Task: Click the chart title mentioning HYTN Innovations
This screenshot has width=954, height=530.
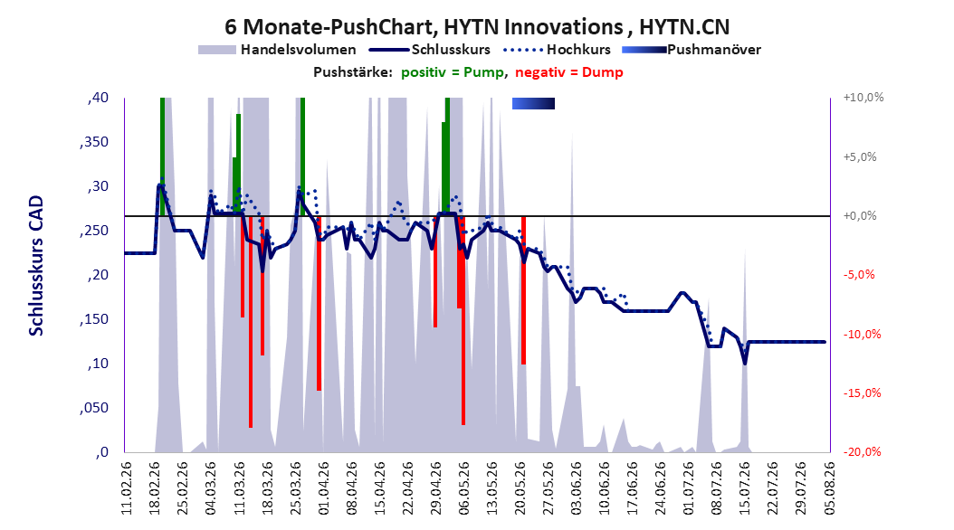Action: click(x=477, y=27)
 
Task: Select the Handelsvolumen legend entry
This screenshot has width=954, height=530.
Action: click(x=277, y=50)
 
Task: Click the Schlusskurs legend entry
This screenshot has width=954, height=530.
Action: click(x=430, y=50)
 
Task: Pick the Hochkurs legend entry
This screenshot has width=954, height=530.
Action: click(x=558, y=50)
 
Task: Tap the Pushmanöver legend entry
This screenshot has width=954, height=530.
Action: click(x=692, y=50)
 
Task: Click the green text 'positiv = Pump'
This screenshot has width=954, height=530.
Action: click(x=453, y=72)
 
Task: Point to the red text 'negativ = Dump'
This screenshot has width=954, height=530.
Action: click(x=569, y=72)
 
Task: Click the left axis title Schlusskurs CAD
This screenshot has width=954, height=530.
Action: click(x=36, y=266)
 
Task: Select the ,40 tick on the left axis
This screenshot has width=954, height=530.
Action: click(x=98, y=98)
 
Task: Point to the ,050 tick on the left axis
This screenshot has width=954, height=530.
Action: click(x=94, y=408)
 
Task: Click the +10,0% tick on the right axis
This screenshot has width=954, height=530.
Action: click(x=863, y=98)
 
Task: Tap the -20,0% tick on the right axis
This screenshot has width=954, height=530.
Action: click(x=862, y=451)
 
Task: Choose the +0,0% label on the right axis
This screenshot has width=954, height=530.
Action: click(x=860, y=216)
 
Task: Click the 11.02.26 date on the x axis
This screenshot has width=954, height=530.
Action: click(x=126, y=488)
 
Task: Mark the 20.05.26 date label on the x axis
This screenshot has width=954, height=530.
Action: click(x=520, y=488)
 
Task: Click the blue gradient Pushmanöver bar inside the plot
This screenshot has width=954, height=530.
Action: click(x=534, y=104)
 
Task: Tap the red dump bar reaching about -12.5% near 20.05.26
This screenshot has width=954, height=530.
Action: click(x=523, y=290)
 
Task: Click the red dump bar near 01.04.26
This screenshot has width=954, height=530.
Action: click(x=319, y=303)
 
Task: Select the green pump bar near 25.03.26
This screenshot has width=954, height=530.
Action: click(x=302, y=156)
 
